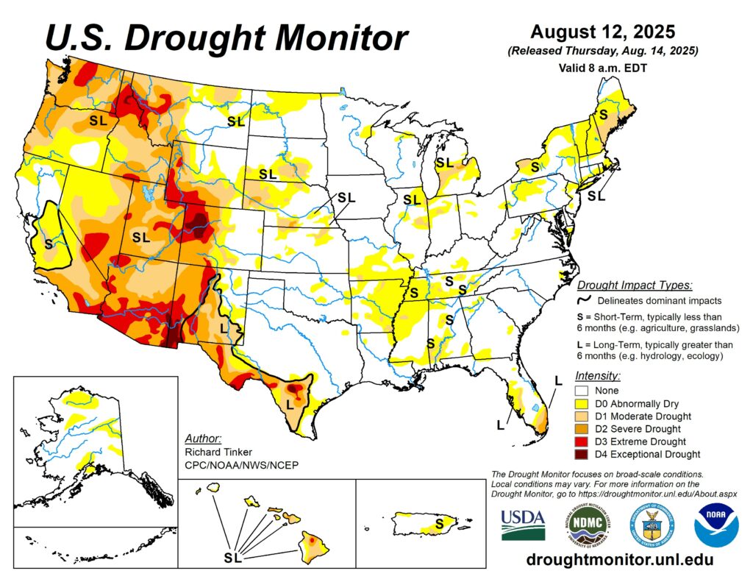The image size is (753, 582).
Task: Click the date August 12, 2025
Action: [x=602, y=32]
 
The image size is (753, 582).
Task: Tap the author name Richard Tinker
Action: [x=218, y=450]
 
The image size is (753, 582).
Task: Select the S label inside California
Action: [x=49, y=244]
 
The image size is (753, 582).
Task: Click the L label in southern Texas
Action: [x=290, y=403]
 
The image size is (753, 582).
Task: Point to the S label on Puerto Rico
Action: [x=439, y=523]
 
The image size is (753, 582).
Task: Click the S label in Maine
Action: [x=603, y=115]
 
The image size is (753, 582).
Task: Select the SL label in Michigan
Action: [x=444, y=163]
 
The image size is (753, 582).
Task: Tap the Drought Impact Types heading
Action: [x=635, y=285]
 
